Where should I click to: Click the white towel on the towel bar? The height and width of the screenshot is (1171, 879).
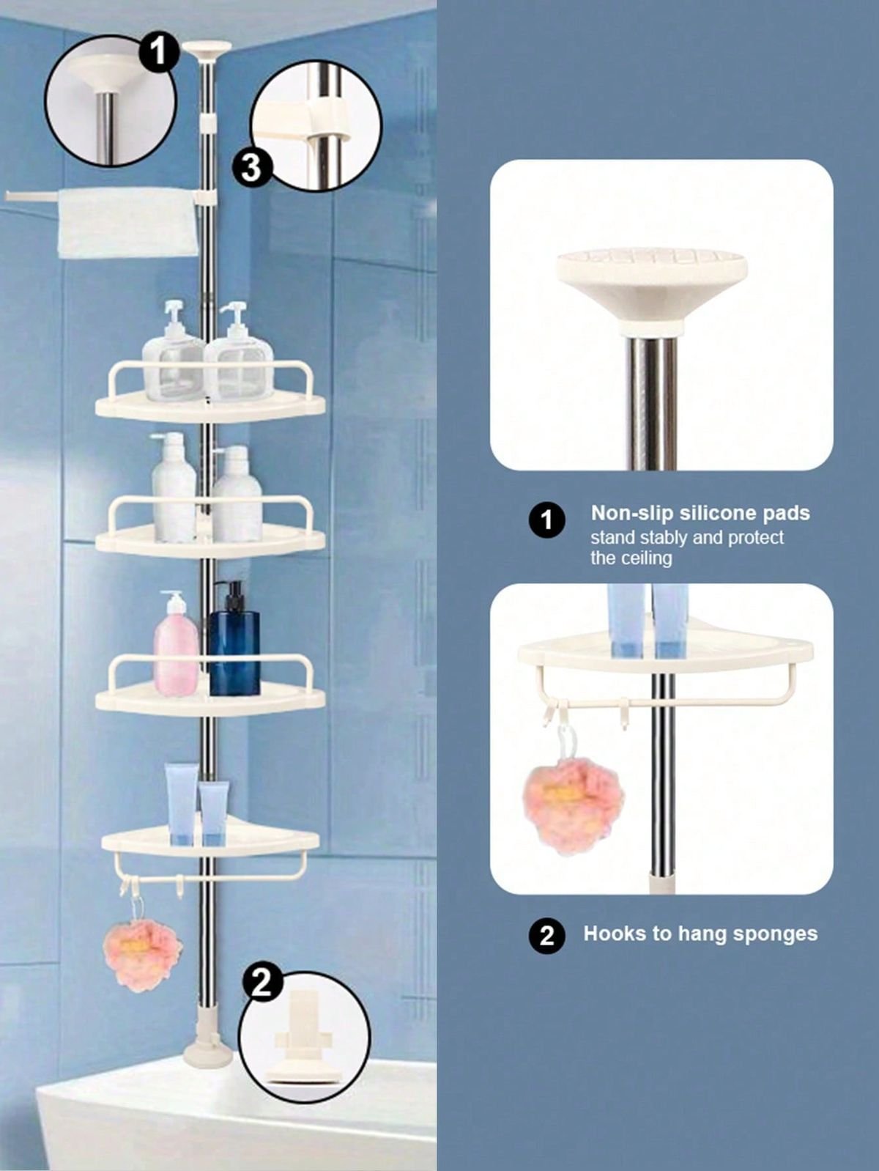click(128, 223)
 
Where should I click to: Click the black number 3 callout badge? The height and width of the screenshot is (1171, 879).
click(251, 168)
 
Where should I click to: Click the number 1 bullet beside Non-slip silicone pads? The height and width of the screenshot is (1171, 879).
click(547, 520)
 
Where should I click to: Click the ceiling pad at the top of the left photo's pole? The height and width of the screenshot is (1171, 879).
click(207, 50)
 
